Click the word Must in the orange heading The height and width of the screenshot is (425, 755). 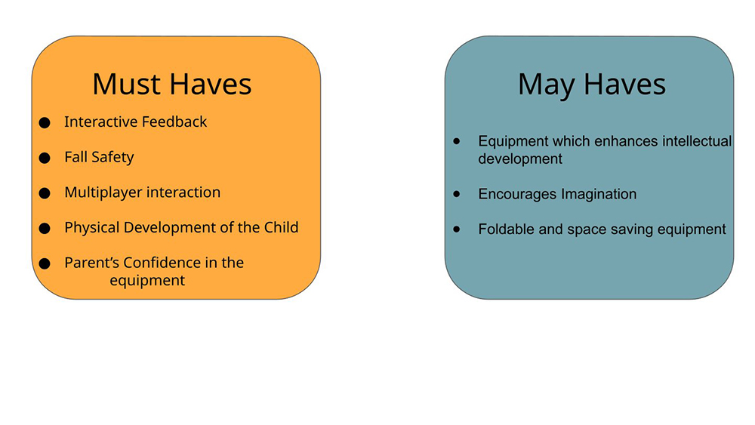click(127, 85)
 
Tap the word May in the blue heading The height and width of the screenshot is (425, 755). click(547, 85)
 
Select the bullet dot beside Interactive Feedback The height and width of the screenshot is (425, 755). click(45, 123)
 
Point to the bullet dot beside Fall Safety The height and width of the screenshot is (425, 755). click(45, 158)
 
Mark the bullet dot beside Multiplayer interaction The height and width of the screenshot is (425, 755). click(45, 193)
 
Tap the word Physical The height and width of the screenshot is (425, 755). click(92, 228)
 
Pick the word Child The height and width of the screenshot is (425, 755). click(281, 227)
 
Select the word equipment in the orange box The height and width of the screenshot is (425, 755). click(147, 281)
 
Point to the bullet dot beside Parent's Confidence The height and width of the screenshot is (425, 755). click(45, 263)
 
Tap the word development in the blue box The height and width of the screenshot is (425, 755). click(520, 159)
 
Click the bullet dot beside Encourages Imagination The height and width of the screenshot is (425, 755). click(457, 193)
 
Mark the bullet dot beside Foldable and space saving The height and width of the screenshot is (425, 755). click(457, 229)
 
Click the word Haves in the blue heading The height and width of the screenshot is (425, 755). click(624, 85)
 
